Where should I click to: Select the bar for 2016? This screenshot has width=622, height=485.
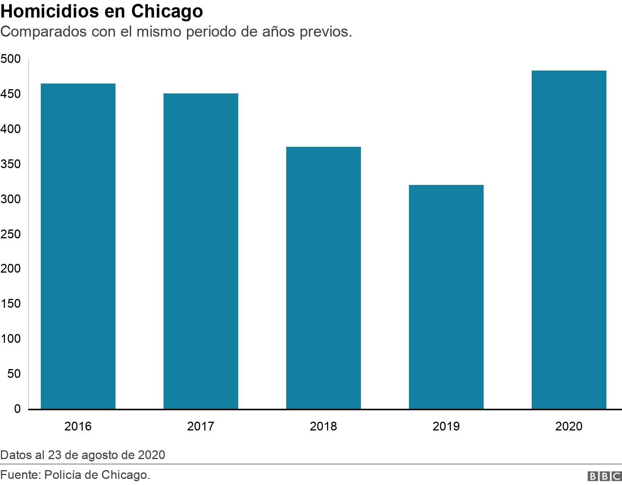(78, 246)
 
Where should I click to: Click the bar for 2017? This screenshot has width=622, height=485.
(201, 251)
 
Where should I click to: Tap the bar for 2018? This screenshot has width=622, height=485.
(324, 278)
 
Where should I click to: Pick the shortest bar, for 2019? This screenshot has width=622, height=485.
(446, 297)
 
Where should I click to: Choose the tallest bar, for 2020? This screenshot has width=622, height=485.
(569, 240)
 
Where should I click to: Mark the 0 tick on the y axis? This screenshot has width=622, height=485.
(17, 409)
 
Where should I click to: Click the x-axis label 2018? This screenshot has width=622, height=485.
(324, 426)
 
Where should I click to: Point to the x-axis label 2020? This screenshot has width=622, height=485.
(569, 426)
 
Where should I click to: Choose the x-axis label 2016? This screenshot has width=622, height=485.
(78, 426)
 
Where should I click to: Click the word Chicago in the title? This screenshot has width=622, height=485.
(167, 11)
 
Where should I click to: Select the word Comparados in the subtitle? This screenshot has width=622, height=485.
(44, 32)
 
